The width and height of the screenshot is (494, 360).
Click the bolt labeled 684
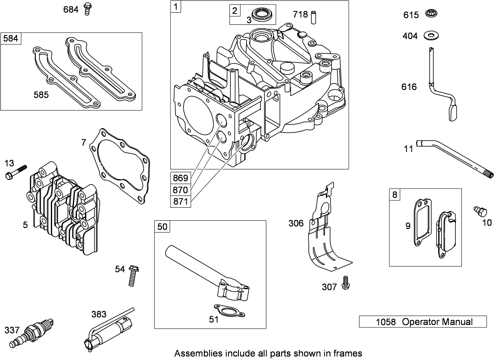point(87,9)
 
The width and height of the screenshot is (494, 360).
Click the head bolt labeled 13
point(16,171)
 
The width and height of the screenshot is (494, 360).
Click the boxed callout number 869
point(180,178)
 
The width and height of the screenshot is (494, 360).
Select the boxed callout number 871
point(180,201)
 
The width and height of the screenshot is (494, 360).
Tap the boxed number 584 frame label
point(11,39)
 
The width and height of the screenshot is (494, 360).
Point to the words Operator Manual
point(437,322)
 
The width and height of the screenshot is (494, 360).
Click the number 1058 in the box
point(385,322)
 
